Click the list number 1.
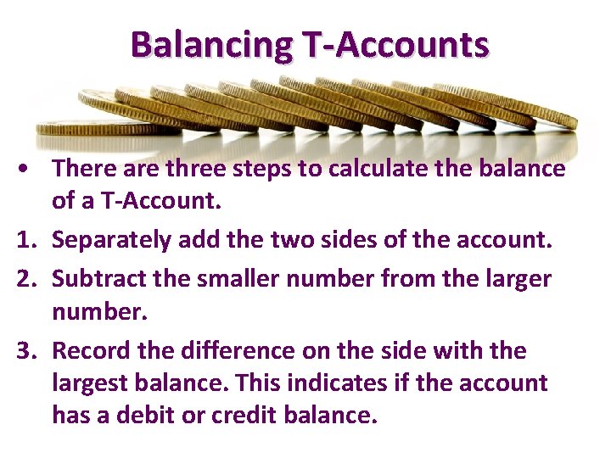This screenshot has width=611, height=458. [x=27, y=241]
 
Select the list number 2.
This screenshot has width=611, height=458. [x=27, y=277]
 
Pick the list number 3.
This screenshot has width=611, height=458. [x=27, y=350]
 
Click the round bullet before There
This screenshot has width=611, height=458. [x=28, y=169]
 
